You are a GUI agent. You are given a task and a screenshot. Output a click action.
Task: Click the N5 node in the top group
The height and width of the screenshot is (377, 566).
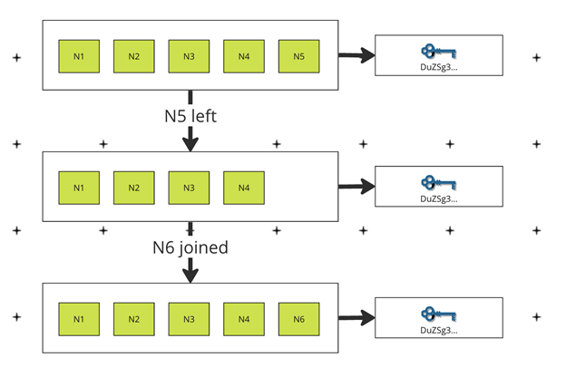[298, 56]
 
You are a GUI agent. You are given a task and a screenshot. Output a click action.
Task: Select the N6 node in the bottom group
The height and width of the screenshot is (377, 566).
[298, 319]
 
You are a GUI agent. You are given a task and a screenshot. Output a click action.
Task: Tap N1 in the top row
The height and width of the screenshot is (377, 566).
[79, 56]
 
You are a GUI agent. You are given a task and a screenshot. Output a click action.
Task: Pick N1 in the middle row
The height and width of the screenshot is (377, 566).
[79, 188]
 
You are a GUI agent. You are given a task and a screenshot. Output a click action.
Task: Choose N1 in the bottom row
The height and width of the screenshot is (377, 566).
[79, 319]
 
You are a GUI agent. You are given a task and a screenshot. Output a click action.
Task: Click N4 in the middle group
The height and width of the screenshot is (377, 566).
[243, 188]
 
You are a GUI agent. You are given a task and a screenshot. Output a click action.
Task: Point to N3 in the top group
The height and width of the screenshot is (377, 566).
[189, 56]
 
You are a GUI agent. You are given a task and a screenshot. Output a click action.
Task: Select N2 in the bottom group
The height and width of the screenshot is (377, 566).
[133, 319]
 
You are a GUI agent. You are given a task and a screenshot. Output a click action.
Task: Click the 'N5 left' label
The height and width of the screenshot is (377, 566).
[190, 116]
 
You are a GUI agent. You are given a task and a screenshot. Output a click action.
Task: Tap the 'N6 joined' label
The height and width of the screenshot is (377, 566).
[190, 247]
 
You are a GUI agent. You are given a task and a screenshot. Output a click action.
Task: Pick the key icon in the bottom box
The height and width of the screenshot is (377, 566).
[439, 314]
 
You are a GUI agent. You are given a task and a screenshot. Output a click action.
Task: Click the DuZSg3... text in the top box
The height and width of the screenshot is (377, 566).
[439, 67]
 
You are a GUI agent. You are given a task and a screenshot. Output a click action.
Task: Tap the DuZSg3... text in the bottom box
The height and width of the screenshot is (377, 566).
[439, 330]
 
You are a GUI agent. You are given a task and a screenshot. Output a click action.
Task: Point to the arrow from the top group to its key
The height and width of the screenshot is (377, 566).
[357, 56]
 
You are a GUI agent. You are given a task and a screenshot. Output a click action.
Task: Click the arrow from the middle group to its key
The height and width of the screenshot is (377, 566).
[357, 188]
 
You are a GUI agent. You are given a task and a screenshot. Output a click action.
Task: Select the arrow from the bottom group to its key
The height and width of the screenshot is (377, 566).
[357, 318]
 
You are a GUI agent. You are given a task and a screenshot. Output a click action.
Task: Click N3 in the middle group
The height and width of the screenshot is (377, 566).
[189, 188]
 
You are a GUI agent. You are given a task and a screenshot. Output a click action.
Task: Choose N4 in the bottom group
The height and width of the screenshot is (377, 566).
[243, 319]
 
